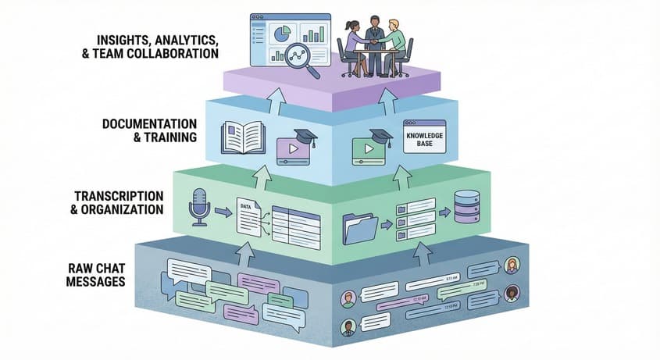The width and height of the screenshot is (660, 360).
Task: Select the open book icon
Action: pyautogui.click(x=243, y=137)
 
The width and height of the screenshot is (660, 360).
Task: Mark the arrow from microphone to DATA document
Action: pyautogui.click(x=222, y=212)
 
